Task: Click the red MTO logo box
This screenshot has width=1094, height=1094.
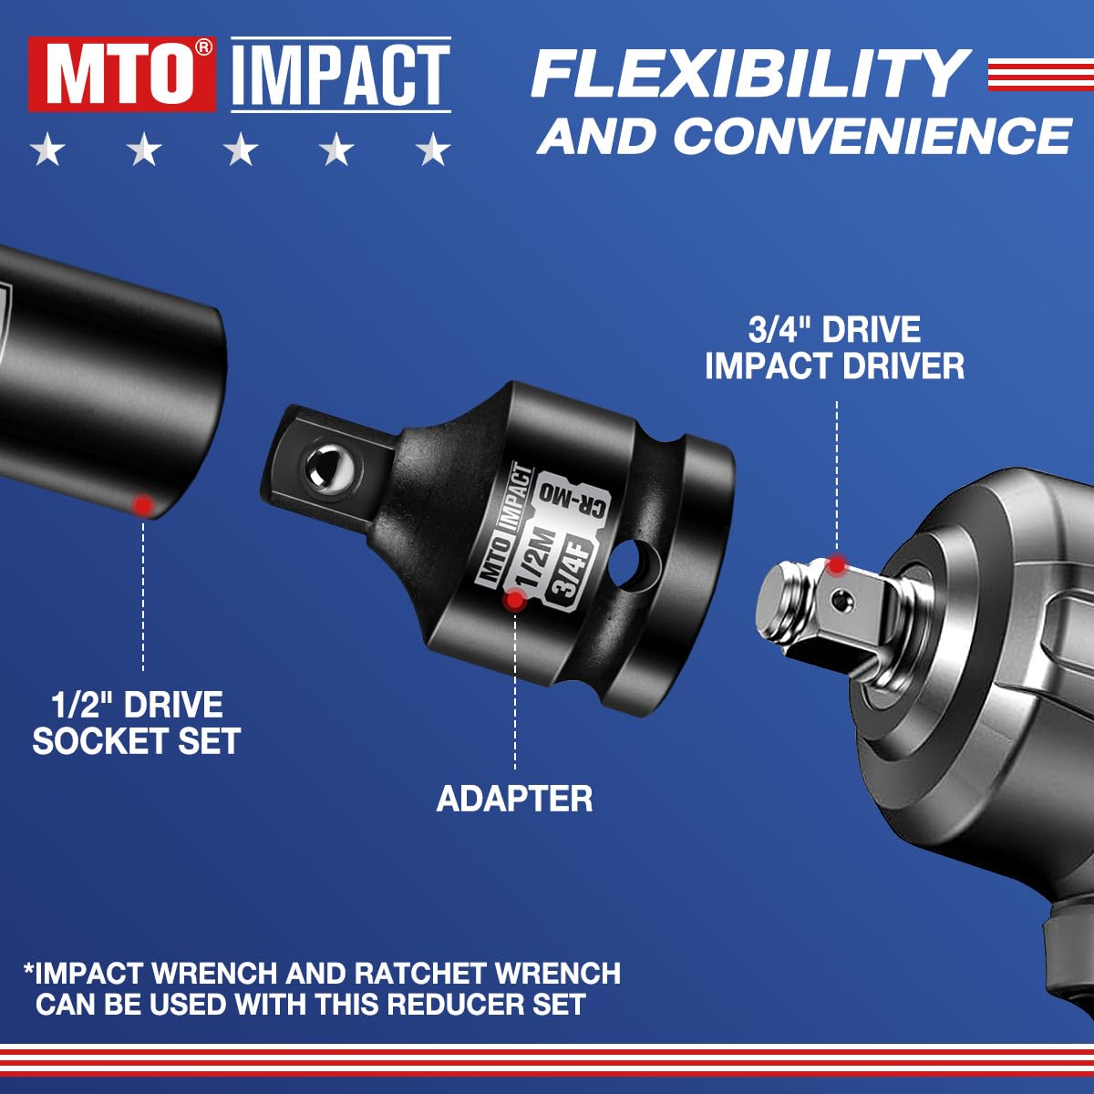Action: point(121,75)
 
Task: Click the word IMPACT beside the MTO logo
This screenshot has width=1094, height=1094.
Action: point(341,75)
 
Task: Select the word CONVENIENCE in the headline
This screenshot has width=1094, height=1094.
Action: point(871,135)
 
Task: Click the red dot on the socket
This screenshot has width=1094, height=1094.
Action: point(142,503)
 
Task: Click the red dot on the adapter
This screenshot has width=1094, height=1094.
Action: point(515,599)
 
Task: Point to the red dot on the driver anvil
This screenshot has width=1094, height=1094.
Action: point(836,565)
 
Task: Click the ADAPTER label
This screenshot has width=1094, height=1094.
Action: point(514,799)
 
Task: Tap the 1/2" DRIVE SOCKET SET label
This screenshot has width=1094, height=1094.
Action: point(137,723)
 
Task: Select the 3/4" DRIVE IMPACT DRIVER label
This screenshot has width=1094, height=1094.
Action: point(834,348)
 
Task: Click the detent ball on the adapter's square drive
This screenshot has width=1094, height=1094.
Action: point(325,467)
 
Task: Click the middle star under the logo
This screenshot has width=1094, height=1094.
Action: point(241,150)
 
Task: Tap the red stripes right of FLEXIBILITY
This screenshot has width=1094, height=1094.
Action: point(1039,74)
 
